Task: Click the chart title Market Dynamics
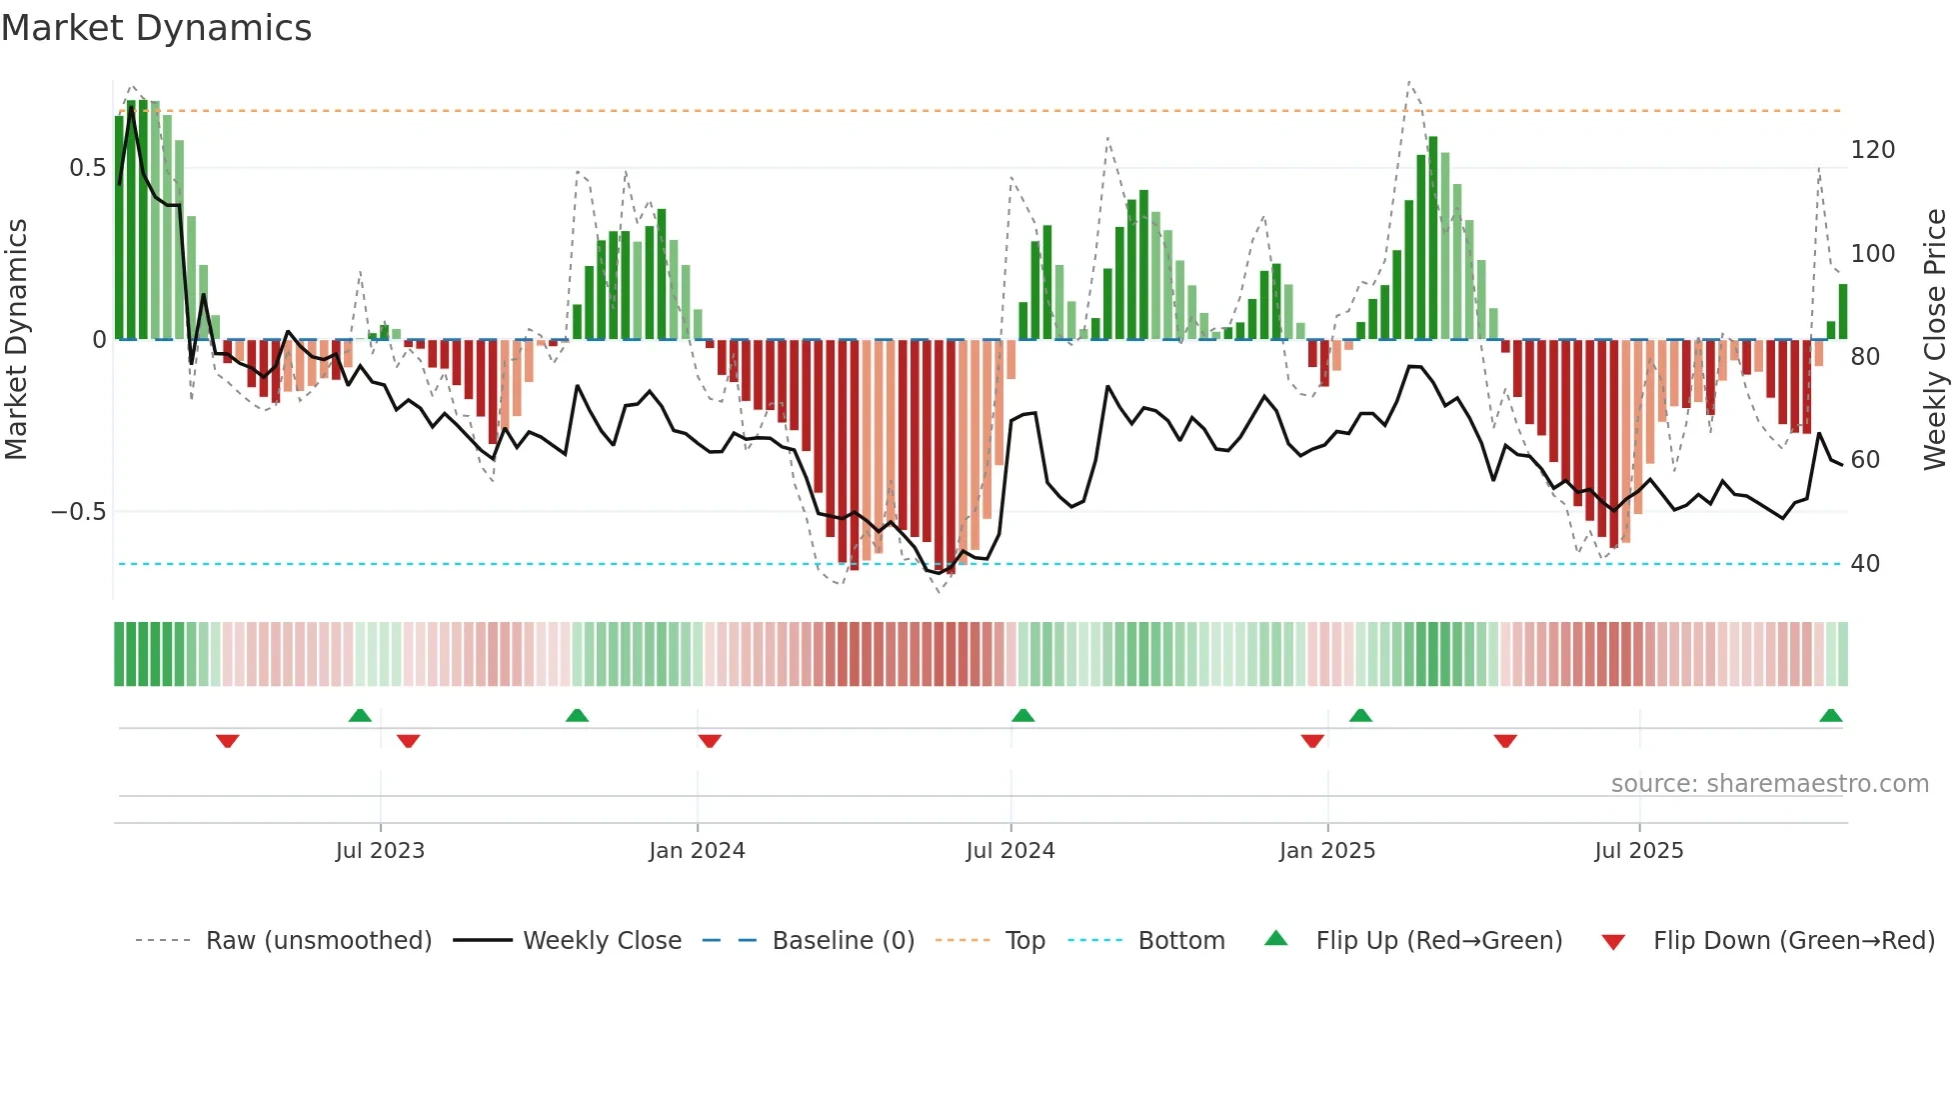point(156,28)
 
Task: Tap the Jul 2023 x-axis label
point(380,851)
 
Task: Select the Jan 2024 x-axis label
point(697,851)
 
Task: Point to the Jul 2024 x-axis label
point(1009,851)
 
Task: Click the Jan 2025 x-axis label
point(1326,851)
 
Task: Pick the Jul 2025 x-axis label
point(1638,851)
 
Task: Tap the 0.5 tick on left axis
point(87,168)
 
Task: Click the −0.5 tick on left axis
point(78,512)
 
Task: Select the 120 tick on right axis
point(1872,150)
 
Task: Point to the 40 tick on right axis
point(1864,564)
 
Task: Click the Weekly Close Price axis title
point(1935,340)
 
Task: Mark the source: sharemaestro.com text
point(1769,784)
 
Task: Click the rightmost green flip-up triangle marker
point(1830,716)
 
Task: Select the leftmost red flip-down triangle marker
point(227,741)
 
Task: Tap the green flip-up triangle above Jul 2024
point(1022,716)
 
